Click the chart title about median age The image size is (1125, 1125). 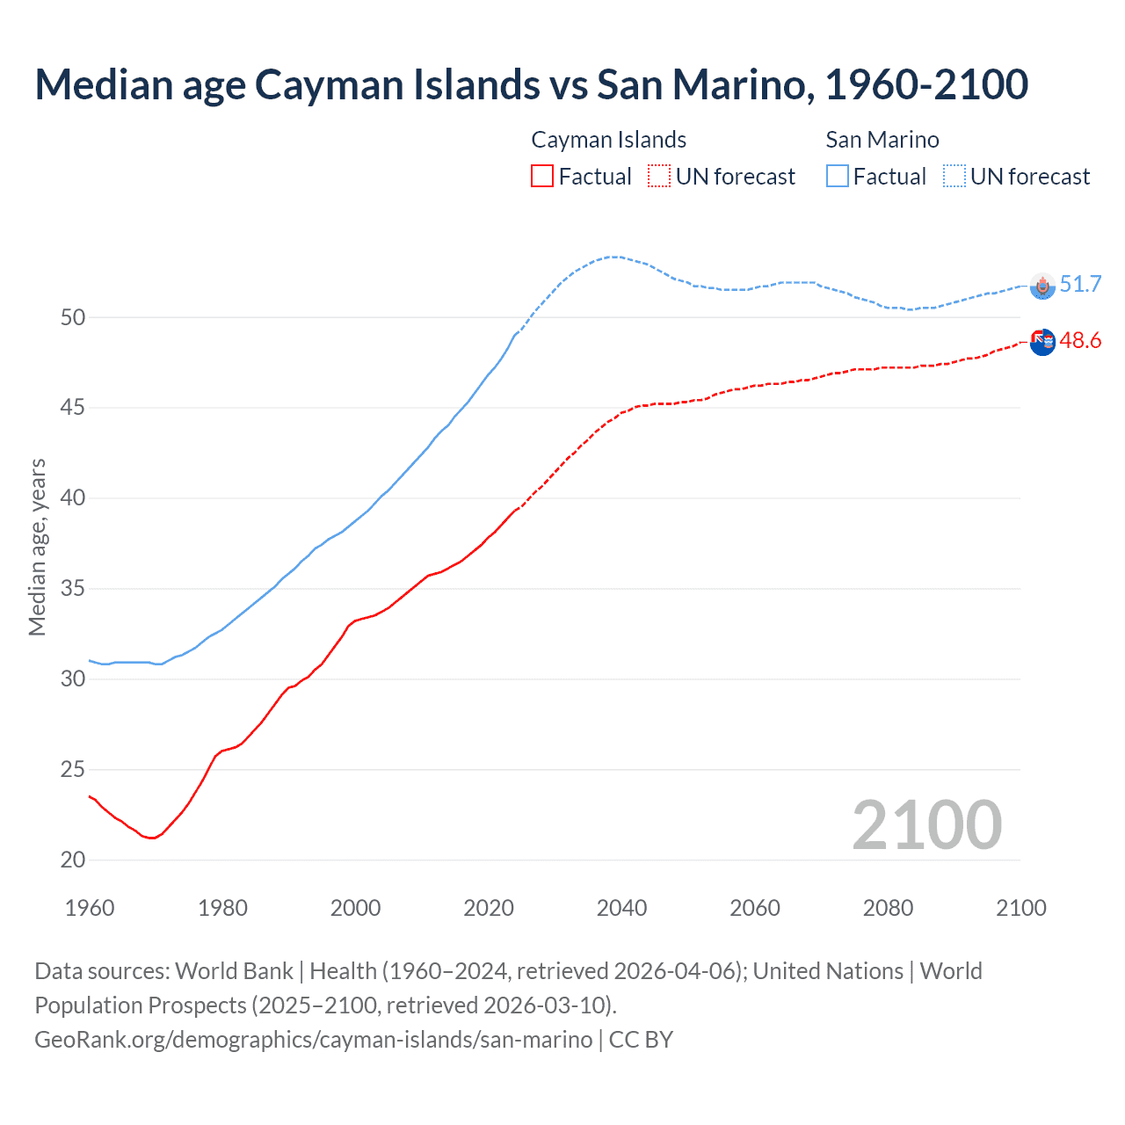(531, 84)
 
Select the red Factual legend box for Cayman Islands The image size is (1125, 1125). (542, 176)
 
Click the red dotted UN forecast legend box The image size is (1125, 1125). (659, 176)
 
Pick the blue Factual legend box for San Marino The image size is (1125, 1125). (838, 176)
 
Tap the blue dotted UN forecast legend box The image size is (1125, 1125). (954, 176)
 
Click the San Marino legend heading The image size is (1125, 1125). (882, 140)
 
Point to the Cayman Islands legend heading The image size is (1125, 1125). (608, 140)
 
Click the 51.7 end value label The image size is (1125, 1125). (1080, 284)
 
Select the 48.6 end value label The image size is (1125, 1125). (1080, 340)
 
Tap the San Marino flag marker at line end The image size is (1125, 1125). (1042, 286)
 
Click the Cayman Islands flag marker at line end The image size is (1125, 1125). (1042, 342)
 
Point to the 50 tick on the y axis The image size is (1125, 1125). (73, 317)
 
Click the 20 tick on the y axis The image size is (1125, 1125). (73, 860)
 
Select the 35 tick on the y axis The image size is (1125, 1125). (73, 589)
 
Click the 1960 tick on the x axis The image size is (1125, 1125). (90, 908)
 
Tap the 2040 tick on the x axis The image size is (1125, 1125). (621, 908)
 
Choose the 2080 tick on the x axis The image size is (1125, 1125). (888, 908)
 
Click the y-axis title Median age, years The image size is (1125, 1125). (37, 547)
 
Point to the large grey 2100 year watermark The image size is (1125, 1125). (926, 824)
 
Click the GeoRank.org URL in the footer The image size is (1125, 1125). (313, 1039)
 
